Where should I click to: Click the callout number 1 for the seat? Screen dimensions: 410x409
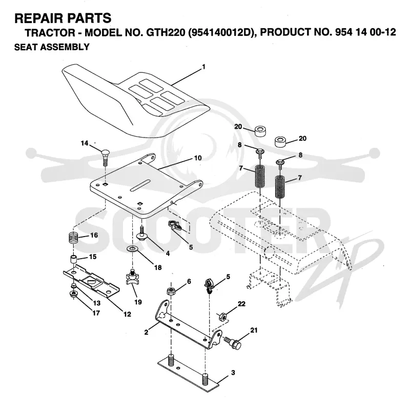[x=203, y=67]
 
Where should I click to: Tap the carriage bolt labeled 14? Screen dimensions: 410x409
[x=105, y=158]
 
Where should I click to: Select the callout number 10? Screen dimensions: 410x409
[x=198, y=158]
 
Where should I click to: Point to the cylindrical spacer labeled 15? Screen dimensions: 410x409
[x=73, y=261]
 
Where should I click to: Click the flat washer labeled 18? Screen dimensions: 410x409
[x=133, y=248]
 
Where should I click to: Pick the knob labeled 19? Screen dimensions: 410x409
[x=133, y=277]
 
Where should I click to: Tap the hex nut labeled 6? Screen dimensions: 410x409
[x=171, y=291]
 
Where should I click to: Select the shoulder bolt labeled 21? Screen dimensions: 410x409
[x=233, y=342]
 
